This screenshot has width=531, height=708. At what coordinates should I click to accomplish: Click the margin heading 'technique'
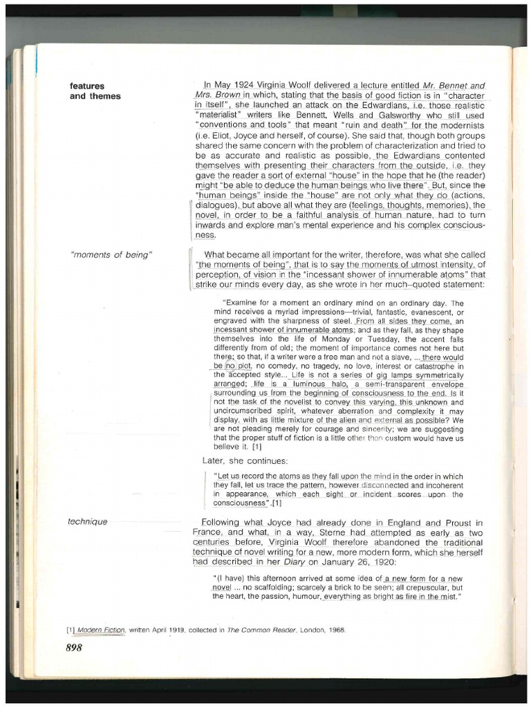coord(88,521)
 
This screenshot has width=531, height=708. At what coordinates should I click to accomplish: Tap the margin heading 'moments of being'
coord(111,255)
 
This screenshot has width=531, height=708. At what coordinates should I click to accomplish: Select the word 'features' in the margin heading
coord(87,86)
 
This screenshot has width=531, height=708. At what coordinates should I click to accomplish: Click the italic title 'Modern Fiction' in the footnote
coord(101,630)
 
